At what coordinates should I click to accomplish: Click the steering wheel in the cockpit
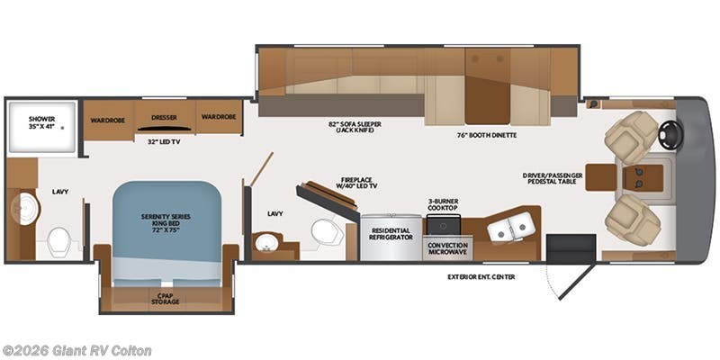click(670, 135)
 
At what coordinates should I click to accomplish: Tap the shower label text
click(41, 122)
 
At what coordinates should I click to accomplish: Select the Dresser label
click(165, 118)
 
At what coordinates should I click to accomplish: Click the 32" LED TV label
click(163, 142)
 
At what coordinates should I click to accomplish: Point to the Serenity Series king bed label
click(166, 222)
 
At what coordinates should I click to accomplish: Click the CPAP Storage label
click(166, 299)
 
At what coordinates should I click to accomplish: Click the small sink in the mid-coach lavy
click(265, 242)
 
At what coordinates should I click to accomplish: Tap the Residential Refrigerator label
click(391, 234)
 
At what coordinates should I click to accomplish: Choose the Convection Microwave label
click(447, 248)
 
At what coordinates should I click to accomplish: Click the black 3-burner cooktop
click(443, 224)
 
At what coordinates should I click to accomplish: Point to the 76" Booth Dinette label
click(487, 135)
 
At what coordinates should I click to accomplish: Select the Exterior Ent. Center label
click(481, 277)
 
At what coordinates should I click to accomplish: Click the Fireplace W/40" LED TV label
click(356, 183)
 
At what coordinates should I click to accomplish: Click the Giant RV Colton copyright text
click(76, 351)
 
